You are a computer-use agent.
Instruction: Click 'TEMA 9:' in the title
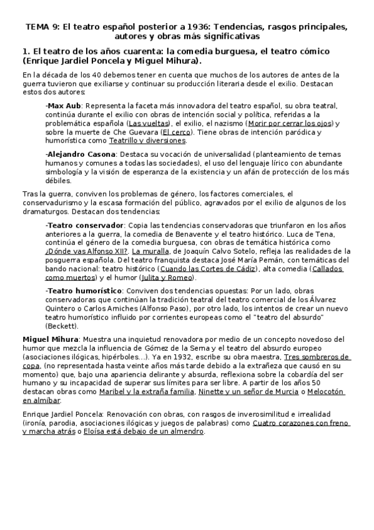(41, 27)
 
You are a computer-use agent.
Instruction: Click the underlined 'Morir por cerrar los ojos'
(281, 124)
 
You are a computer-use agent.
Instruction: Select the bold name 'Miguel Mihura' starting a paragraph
(47, 339)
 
